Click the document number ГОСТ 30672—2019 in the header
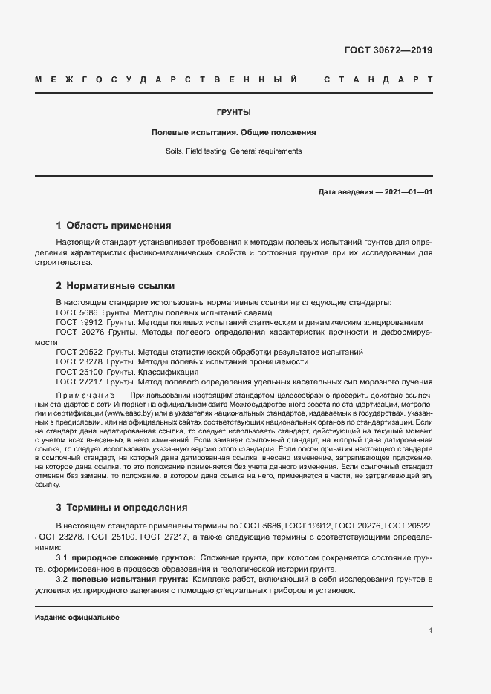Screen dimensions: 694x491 pos(388,51)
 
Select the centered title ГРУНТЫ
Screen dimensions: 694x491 pos(233,113)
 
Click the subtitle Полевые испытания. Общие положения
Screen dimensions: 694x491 pos(233,132)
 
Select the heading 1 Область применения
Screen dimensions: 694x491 pos(114,226)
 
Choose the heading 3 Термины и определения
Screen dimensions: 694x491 pos(122,508)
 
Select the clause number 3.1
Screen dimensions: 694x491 pos(62,557)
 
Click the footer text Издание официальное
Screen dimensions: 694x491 pos(77,618)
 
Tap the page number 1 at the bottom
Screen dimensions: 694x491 pos(430,631)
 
